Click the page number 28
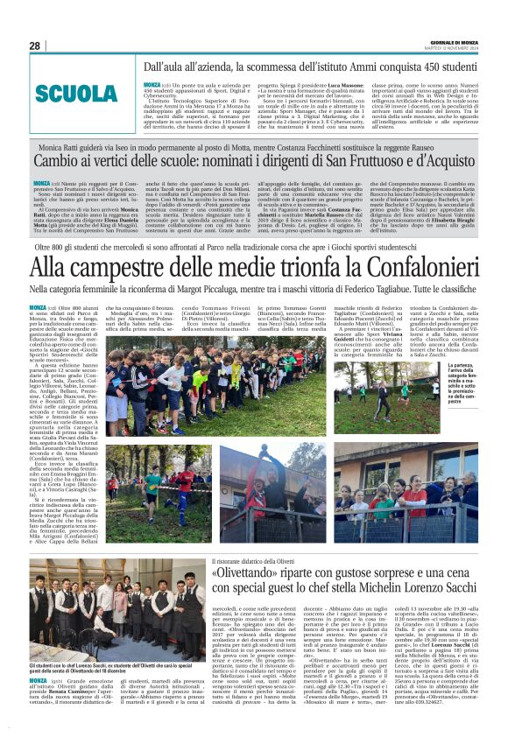pyautogui.click(x=35, y=46)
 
